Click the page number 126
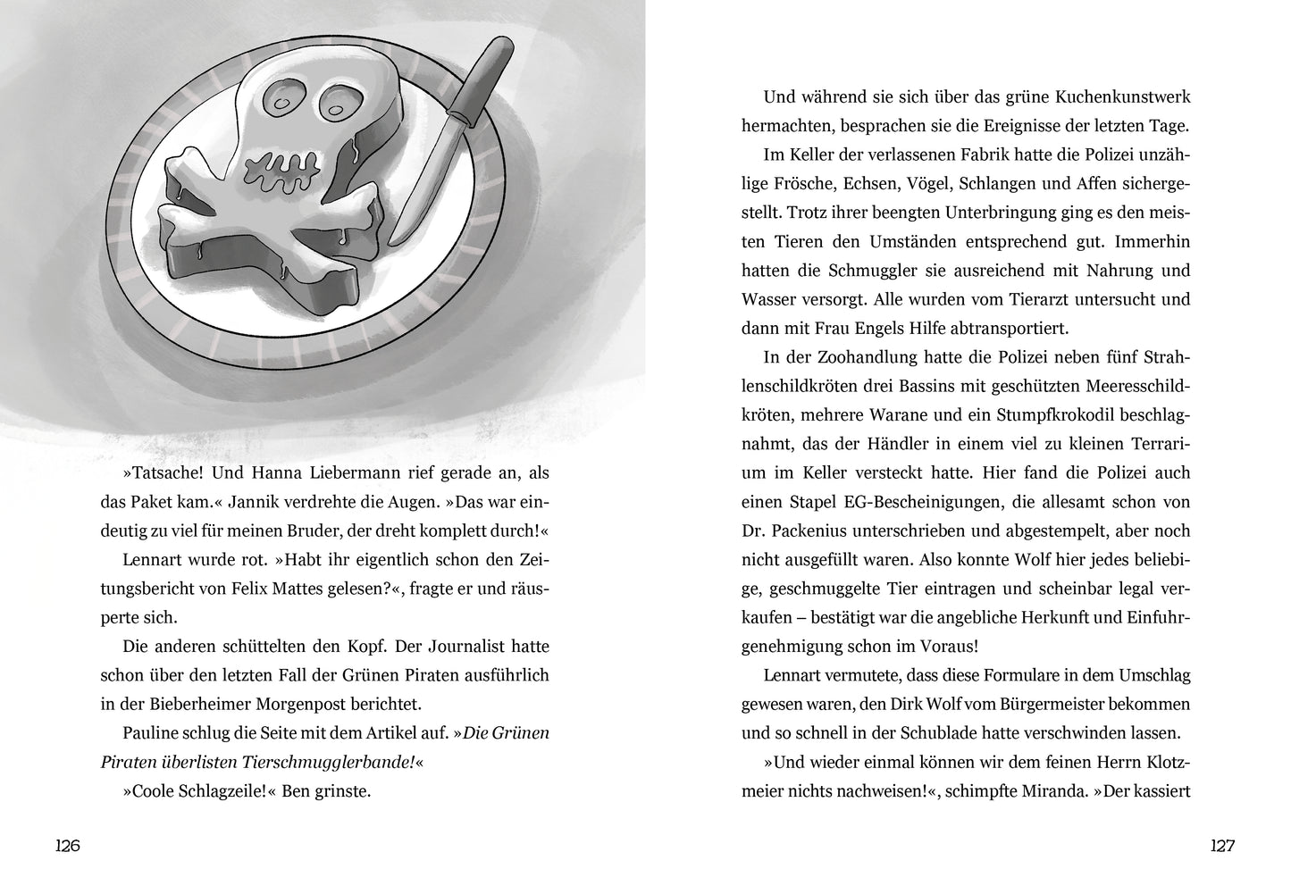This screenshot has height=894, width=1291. click(68, 846)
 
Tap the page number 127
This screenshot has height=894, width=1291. click(1221, 846)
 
